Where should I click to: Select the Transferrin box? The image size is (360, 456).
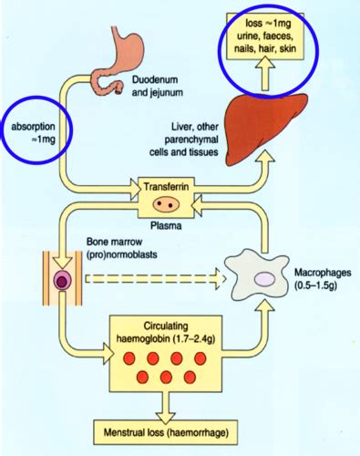(165, 194)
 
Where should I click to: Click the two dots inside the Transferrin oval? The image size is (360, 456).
(165, 203)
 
